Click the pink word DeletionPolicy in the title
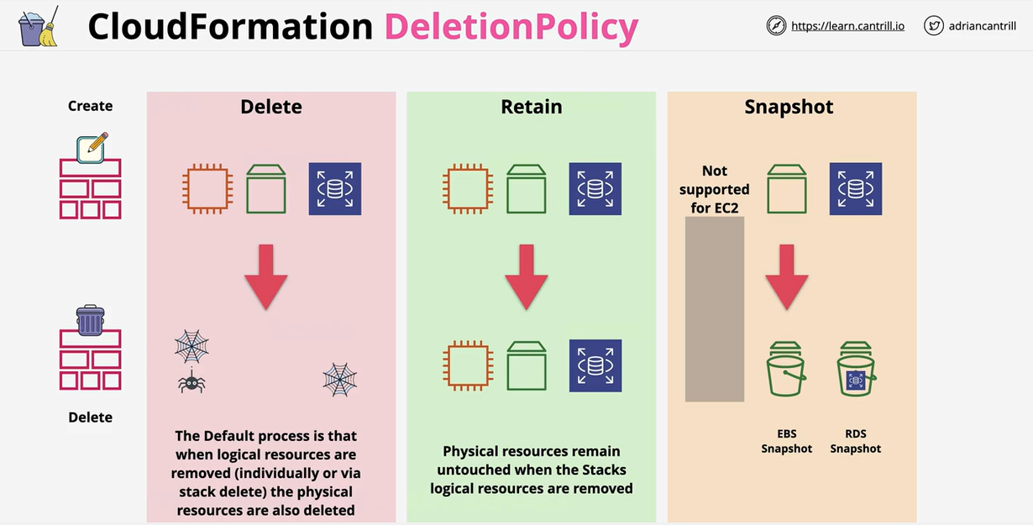pyautogui.click(x=511, y=27)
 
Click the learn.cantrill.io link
pyautogui.click(x=847, y=26)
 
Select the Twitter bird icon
pyautogui.click(x=933, y=26)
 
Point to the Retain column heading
pyautogui.click(x=531, y=107)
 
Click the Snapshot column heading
pyautogui.click(x=789, y=107)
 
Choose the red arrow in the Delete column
pyautogui.click(x=266, y=277)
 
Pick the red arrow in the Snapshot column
pyautogui.click(x=787, y=277)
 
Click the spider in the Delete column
pyautogui.click(x=191, y=382)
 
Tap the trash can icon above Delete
pyautogui.click(x=91, y=320)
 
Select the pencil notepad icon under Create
pyautogui.click(x=91, y=147)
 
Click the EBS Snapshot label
pyautogui.click(x=786, y=442)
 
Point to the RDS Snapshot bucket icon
pyautogui.click(x=856, y=370)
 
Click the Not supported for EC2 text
pyautogui.click(x=715, y=189)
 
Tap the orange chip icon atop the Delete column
pyautogui.click(x=207, y=189)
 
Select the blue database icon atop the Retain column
pyautogui.click(x=595, y=189)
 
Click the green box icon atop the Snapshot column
pyautogui.click(x=787, y=189)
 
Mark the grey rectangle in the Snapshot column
pyautogui.click(x=715, y=309)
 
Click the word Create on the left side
pyautogui.click(x=90, y=106)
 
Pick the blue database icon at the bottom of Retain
pyautogui.click(x=595, y=365)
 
